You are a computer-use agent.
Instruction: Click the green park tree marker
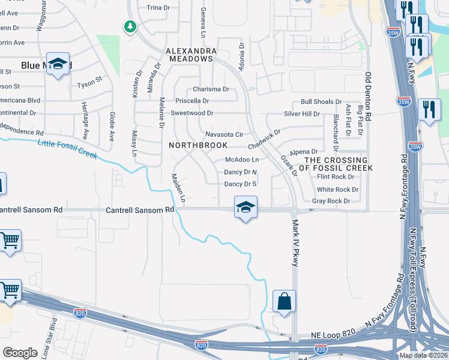(130, 26)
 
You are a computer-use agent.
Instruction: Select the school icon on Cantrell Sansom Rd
(246, 207)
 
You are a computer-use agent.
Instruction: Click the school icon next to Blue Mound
(58, 64)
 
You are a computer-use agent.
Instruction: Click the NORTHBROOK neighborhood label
(198, 145)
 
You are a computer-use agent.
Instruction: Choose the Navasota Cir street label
(223, 134)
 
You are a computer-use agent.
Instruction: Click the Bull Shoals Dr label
(321, 102)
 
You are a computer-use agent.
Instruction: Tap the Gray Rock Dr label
(331, 201)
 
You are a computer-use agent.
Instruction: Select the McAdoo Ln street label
(241, 160)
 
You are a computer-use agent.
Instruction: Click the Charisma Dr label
(210, 89)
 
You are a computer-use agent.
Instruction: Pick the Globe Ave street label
(112, 127)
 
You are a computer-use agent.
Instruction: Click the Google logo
(20, 352)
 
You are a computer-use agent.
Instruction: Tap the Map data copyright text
(423, 355)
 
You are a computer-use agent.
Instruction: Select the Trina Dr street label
(158, 8)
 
